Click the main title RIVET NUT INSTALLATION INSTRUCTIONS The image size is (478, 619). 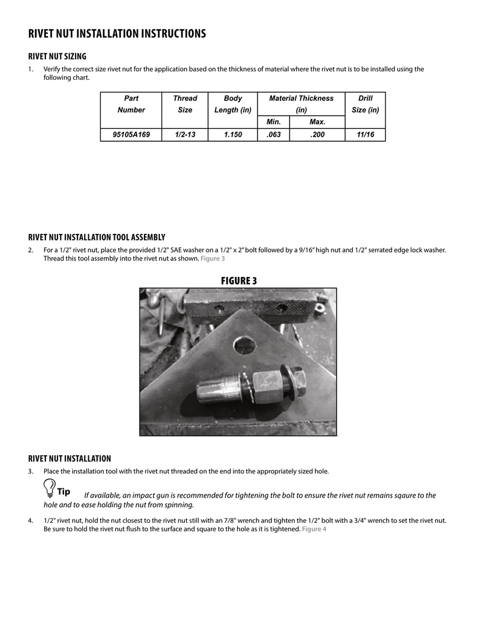(117, 34)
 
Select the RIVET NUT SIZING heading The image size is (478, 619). (57, 56)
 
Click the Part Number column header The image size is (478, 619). (131, 104)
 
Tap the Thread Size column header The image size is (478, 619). (185, 104)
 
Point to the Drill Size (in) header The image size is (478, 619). (365, 104)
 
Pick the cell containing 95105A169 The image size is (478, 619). (131, 135)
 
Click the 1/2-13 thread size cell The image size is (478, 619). (185, 135)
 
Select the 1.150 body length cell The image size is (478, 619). (233, 135)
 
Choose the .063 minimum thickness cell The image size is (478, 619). (274, 135)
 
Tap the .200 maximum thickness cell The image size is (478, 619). (317, 135)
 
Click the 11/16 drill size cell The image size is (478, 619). (365, 135)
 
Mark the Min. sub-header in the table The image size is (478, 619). (274, 122)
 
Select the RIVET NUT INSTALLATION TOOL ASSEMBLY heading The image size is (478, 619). (97, 237)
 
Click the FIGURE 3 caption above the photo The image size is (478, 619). (239, 280)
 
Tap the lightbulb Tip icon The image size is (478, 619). (49, 487)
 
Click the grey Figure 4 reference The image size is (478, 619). (314, 530)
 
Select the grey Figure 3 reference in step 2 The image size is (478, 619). (213, 259)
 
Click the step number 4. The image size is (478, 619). (30, 520)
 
